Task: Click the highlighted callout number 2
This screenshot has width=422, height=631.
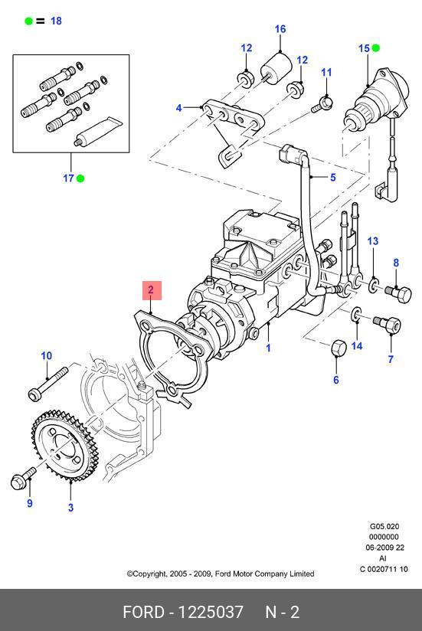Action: pyautogui.click(x=151, y=289)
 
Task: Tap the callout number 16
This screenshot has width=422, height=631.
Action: pyautogui.click(x=280, y=29)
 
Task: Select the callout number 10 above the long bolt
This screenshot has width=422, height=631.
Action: pyautogui.click(x=47, y=356)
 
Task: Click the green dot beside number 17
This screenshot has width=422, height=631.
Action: pyautogui.click(x=80, y=178)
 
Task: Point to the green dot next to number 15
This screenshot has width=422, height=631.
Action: pyautogui.click(x=376, y=48)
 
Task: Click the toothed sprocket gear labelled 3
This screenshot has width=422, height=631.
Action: pyautogui.click(x=61, y=446)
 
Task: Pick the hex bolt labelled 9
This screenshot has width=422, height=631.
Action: pyautogui.click(x=22, y=479)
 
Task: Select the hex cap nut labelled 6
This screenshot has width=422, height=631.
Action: pyautogui.click(x=339, y=348)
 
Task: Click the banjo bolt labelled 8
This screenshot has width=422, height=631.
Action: pyautogui.click(x=398, y=293)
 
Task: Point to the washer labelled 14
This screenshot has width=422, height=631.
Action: pyautogui.click(x=357, y=314)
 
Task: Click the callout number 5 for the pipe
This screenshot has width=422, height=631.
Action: pyautogui.click(x=332, y=178)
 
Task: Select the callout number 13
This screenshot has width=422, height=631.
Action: pyautogui.click(x=373, y=241)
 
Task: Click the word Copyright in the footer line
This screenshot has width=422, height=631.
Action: pyautogui.click(x=149, y=574)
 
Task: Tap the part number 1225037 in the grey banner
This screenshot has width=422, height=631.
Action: pyautogui.click(x=211, y=612)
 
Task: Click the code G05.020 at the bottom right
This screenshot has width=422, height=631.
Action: pyautogui.click(x=384, y=526)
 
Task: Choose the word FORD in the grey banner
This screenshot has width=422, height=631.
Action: pyautogui.click(x=144, y=612)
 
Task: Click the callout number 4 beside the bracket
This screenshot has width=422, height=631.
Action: pyautogui.click(x=179, y=108)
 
